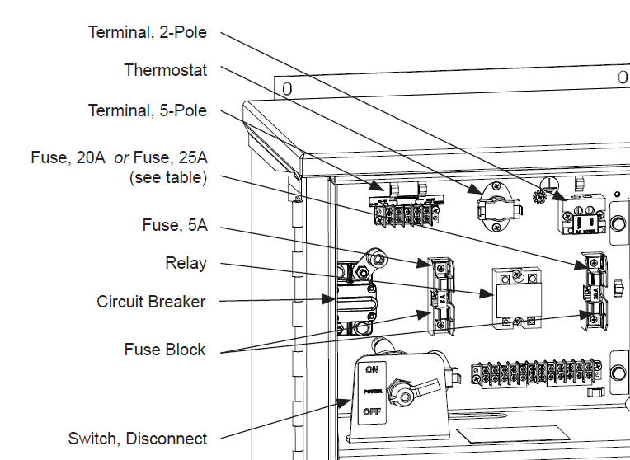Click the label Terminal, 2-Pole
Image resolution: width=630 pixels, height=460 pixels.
[148, 32]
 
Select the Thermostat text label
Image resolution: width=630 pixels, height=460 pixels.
[165, 70]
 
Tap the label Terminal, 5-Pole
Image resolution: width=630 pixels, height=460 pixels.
[148, 110]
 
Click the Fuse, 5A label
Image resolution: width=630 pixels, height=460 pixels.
[173, 224]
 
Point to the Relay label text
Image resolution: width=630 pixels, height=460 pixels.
[186, 264]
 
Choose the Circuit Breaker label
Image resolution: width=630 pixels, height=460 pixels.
[151, 302]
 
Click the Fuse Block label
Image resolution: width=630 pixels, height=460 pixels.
[165, 350]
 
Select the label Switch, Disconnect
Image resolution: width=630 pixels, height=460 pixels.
[138, 439]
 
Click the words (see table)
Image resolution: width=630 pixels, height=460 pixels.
[168, 177]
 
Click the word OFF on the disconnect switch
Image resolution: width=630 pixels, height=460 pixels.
[372, 410]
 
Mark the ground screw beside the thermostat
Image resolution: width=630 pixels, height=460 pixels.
[542, 197]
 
